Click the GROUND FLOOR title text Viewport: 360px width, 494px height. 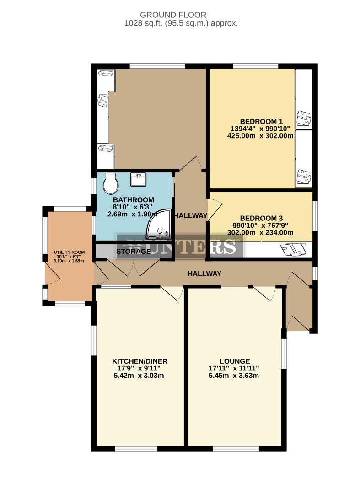point(173,15)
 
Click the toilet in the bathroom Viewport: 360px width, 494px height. point(111,183)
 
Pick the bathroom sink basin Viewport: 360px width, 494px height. point(139,179)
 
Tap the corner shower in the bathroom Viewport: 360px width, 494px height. point(161,226)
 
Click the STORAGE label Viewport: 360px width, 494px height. point(133,251)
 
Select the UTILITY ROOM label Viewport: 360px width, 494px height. point(69,252)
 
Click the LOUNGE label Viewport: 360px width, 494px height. point(234,361)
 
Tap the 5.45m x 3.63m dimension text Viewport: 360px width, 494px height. point(234,376)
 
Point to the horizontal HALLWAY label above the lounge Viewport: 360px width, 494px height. point(204,274)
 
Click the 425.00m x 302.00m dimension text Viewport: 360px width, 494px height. point(260,135)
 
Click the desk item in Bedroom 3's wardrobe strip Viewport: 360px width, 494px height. point(293,249)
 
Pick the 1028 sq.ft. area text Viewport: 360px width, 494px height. point(181,23)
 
